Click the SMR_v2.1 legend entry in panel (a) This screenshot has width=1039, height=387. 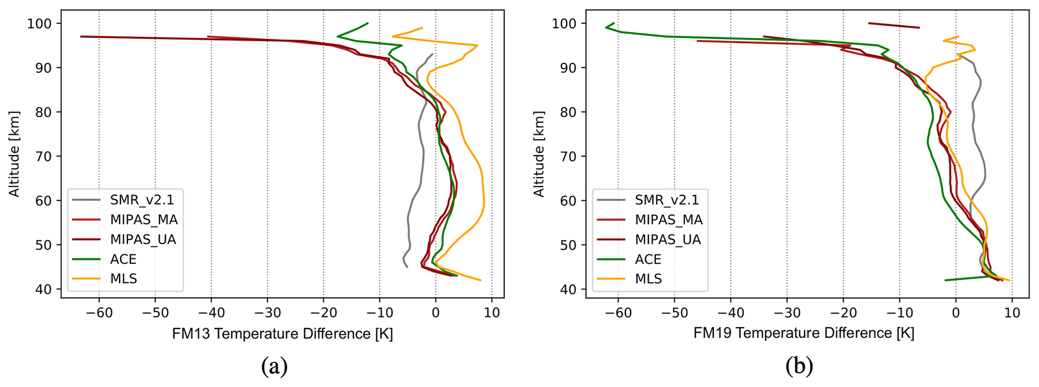pyautogui.click(x=142, y=200)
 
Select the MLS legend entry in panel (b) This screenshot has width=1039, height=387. pyautogui.click(x=648, y=278)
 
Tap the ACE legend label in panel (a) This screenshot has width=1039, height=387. pyautogui.click(x=123, y=259)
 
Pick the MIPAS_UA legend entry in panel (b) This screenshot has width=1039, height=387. pyautogui.click(x=668, y=239)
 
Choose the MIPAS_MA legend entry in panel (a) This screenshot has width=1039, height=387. pyautogui.click(x=144, y=219)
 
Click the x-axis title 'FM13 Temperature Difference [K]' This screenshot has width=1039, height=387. pyautogui.click(x=282, y=334)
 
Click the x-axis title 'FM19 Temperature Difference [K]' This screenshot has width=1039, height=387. pyautogui.click(x=803, y=333)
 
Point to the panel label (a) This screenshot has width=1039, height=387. pyautogui.click(x=274, y=366)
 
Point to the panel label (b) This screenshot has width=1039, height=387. pyautogui.click(x=799, y=366)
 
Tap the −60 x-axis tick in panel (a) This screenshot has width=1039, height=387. pyautogui.click(x=98, y=313)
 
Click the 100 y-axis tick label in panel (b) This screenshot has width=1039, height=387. pyautogui.click(x=565, y=24)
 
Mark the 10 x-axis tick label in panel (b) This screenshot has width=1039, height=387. pyautogui.click(x=1012, y=313)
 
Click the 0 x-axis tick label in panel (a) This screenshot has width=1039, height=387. pyautogui.click(x=435, y=313)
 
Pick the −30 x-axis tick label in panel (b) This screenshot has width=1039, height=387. pyautogui.click(x=787, y=313)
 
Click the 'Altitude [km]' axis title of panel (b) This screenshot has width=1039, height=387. pyautogui.click(x=539, y=153)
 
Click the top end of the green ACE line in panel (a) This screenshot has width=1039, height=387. pyautogui.click(x=368, y=23)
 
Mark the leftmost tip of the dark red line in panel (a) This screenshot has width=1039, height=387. pyautogui.click(x=81, y=36)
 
